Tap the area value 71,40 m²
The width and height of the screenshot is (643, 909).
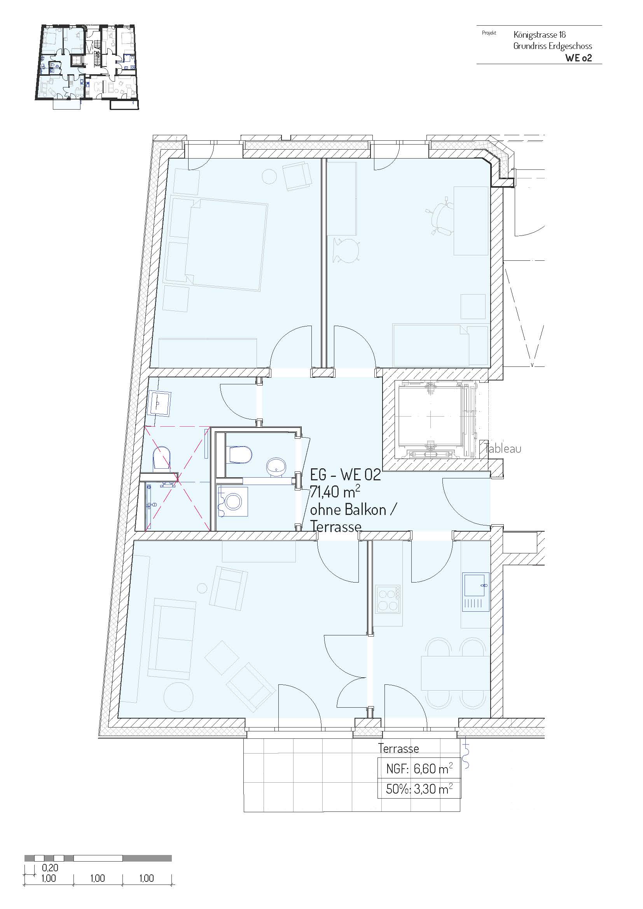[x=335, y=492]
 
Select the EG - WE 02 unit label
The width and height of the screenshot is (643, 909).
[x=345, y=475]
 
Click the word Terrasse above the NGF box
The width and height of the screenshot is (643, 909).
[x=398, y=748]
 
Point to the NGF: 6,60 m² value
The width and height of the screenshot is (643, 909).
[x=419, y=769]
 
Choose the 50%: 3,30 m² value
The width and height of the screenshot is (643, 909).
[x=419, y=789]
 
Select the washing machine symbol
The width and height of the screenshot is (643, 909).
[x=233, y=502]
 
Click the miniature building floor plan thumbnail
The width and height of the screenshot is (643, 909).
[x=88, y=66]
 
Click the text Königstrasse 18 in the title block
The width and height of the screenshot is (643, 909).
[x=539, y=35]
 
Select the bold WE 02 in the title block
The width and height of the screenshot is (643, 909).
[x=578, y=58]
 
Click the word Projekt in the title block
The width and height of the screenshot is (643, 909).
[x=489, y=33]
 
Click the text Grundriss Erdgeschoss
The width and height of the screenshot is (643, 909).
[x=553, y=46]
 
